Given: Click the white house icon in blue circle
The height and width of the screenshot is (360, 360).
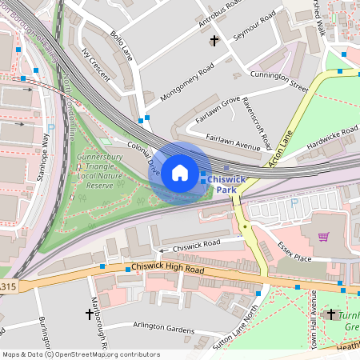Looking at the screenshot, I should pos(180,173).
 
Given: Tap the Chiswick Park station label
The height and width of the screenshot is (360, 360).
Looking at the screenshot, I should pos(226,185).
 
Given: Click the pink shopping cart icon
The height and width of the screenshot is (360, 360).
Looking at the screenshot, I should pos(323,237).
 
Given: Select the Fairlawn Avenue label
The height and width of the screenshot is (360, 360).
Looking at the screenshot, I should pos(233,142).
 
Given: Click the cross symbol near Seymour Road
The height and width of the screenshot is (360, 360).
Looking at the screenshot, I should pos(214,40).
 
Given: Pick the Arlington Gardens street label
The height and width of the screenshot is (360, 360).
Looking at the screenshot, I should pos(164,328).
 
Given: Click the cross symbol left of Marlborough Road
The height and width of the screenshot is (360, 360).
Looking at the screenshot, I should pos(89,314).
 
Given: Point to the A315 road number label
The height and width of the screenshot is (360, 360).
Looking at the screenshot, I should pos(7,286).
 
